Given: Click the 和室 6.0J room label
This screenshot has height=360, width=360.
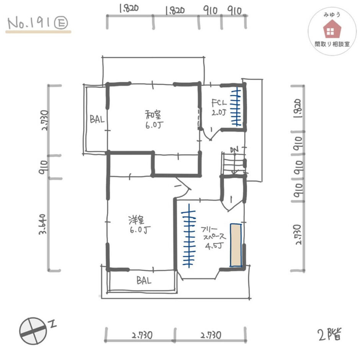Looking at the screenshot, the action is [x=154, y=119].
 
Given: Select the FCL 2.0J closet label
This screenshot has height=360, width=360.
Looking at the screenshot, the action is [x=219, y=107].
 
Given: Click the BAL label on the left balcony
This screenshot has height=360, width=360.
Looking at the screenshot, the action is [x=97, y=119].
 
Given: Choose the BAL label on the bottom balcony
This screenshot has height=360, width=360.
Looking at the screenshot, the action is [x=144, y=280].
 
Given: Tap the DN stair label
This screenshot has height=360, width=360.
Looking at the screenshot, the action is [x=234, y=150].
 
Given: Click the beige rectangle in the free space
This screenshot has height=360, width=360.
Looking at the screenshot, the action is [x=236, y=245].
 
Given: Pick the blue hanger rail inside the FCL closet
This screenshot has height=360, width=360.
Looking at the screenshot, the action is [x=236, y=108].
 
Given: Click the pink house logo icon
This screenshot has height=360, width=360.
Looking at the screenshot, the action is [x=332, y=29].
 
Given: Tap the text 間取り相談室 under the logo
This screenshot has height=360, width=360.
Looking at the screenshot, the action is [x=332, y=44].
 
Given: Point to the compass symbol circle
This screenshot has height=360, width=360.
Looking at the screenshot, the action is [x=33, y=331].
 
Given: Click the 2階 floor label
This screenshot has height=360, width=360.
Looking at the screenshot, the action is [x=330, y=334].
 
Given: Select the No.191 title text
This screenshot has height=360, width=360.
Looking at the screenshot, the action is [x=29, y=23].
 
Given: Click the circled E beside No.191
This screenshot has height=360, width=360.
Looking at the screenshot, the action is [x=61, y=23].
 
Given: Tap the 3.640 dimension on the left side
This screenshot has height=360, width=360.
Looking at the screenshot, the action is [x=43, y=224].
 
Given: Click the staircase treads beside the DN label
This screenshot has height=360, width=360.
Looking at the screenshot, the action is [x=233, y=164].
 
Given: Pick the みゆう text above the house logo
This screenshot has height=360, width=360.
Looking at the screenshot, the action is [x=332, y=15].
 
